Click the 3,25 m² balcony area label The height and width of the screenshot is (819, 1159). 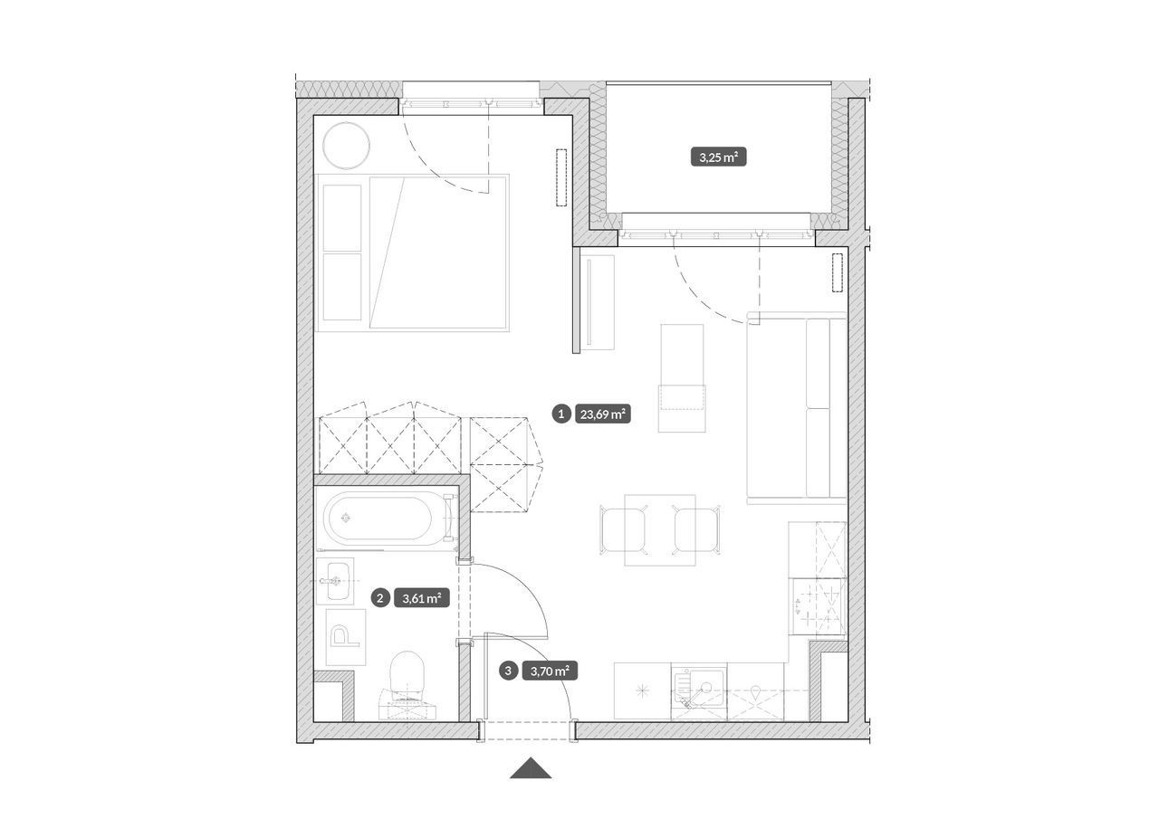(x=718, y=157)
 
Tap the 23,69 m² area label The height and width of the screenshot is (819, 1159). (x=603, y=414)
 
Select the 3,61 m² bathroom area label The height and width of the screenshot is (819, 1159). (x=422, y=599)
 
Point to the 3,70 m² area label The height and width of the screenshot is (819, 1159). (x=550, y=671)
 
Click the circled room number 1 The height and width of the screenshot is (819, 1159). (x=560, y=414)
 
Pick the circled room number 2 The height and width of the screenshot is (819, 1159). (x=380, y=599)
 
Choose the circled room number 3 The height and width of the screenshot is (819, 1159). (x=508, y=671)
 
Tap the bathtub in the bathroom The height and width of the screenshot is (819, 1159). (x=385, y=518)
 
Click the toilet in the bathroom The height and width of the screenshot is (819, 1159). (x=407, y=685)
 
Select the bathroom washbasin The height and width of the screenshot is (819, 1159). (x=335, y=581)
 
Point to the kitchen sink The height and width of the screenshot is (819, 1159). (x=698, y=691)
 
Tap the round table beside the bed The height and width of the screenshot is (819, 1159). (x=346, y=146)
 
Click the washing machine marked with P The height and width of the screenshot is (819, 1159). (x=346, y=637)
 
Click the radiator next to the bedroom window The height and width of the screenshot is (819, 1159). (x=561, y=178)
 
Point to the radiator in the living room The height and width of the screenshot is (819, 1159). (x=838, y=273)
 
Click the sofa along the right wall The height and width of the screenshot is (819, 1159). (x=796, y=408)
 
